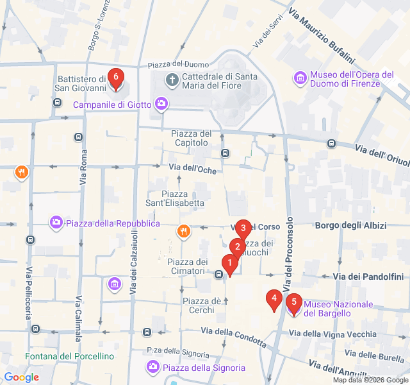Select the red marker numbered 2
[x=237, y=247]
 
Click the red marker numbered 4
[x=274, y=298]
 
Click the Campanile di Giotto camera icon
[x=161, y=104]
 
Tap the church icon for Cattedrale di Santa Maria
[x=172, y=81]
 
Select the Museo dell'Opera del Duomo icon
[x=300, y=78]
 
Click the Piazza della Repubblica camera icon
[x=56, y=223]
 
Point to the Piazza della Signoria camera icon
[x=152, y=367]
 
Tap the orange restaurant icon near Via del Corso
[x=184, y=231]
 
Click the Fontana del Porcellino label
[x=70, y=356]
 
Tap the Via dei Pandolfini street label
[x=368, y=277]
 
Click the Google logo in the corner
[x=21, y=377]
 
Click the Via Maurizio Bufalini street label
[x=322, y=35]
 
